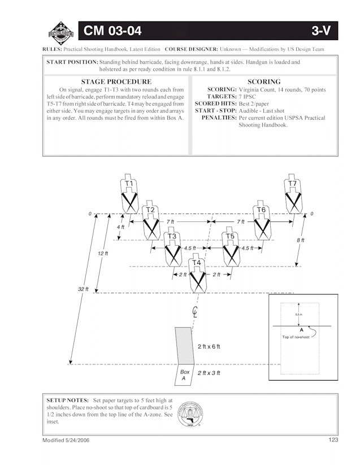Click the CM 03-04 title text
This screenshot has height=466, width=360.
112,31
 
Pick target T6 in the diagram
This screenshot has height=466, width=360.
261,220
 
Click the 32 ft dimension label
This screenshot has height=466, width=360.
83,289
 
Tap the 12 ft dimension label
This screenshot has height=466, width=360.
103,254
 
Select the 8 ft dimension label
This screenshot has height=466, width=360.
301,240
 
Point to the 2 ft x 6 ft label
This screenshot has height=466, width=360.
209,346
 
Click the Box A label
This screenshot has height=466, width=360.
184,376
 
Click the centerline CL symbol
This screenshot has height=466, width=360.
196,311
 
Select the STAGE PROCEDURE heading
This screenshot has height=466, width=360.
116,82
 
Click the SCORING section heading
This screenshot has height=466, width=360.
264,82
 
